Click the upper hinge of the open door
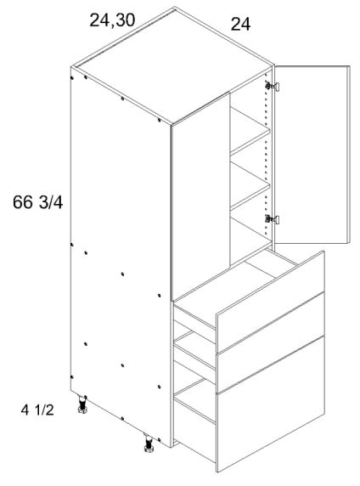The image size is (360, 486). click(273, 85)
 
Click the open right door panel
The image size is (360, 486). click(313, 153)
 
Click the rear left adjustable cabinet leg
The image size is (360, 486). click(83, 410)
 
